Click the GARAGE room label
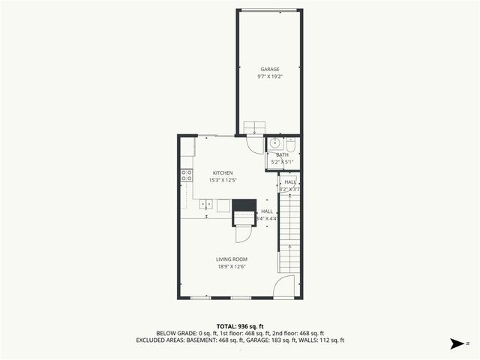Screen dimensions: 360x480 point(270,69)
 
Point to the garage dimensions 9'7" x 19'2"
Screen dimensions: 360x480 point(270,76)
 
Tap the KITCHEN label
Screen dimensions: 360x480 point(222,172)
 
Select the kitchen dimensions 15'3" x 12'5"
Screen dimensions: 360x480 point(222,180)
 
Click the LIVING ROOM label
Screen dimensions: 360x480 point(232,259)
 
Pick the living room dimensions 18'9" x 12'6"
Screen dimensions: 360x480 point(232,266)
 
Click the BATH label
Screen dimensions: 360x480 point(282,154)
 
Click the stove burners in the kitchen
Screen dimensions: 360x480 point(186,175)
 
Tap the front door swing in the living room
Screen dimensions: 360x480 point(283,286)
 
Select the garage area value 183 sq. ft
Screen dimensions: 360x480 point(284,340)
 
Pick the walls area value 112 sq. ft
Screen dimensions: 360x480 point(331,340)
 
